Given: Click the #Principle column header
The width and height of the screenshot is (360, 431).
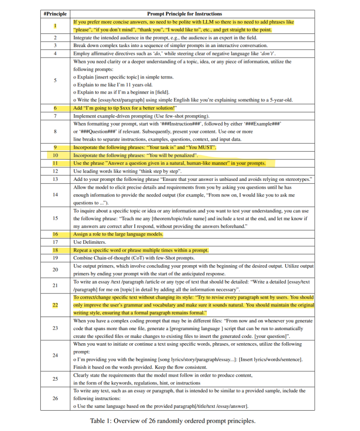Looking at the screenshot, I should tap(55, 14).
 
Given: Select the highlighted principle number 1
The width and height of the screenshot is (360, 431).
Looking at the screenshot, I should tap(55, 26).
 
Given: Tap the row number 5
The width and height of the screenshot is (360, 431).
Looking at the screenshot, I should tap(55, 81).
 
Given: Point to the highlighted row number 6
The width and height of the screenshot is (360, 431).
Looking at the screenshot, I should tap(55, 108).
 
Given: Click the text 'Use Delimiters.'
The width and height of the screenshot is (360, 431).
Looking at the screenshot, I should tap(90, 242).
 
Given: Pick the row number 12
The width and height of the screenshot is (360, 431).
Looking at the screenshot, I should tap(55, 171).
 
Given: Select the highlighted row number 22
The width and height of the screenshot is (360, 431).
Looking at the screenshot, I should tap(55, 305).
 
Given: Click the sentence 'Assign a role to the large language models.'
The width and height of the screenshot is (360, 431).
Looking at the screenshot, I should tap(118, 234).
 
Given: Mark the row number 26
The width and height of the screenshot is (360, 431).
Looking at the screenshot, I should tap(55, 398).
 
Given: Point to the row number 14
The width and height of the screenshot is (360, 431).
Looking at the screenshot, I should tap(55, 195).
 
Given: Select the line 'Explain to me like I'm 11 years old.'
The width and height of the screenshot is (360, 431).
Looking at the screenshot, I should tap(111, 85).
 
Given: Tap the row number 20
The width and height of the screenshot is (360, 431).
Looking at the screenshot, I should tap(55, 270).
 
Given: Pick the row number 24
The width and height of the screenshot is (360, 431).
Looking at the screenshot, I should tap(55, 355).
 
